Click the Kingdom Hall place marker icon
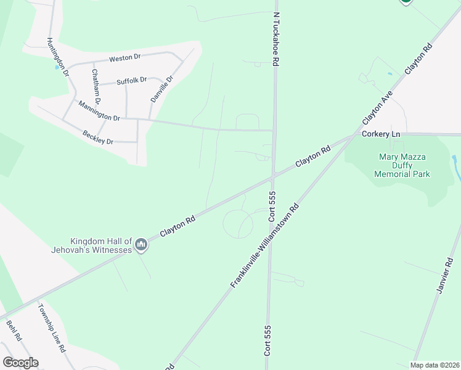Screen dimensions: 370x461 coord(142,245)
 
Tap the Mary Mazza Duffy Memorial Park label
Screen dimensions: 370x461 coord(402,165)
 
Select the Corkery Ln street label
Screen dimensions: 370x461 coord(381,134)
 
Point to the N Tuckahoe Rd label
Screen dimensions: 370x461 coord(276,38)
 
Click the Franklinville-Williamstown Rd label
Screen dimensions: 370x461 coord(265,245)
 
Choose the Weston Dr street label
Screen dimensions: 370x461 coord(125,58)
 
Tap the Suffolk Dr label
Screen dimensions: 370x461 coord(131,80)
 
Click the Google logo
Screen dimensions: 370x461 coord(20,363)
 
